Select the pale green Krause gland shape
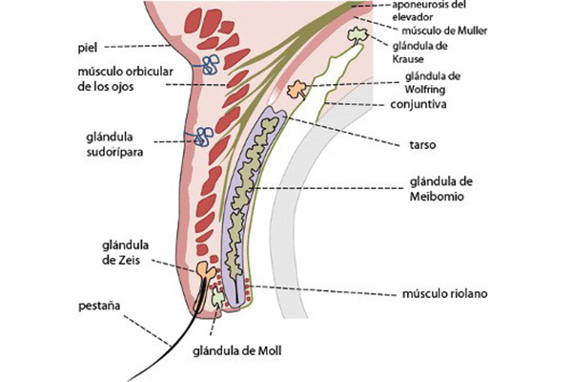(x=357, y=35)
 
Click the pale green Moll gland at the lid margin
(x=218, y=297)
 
